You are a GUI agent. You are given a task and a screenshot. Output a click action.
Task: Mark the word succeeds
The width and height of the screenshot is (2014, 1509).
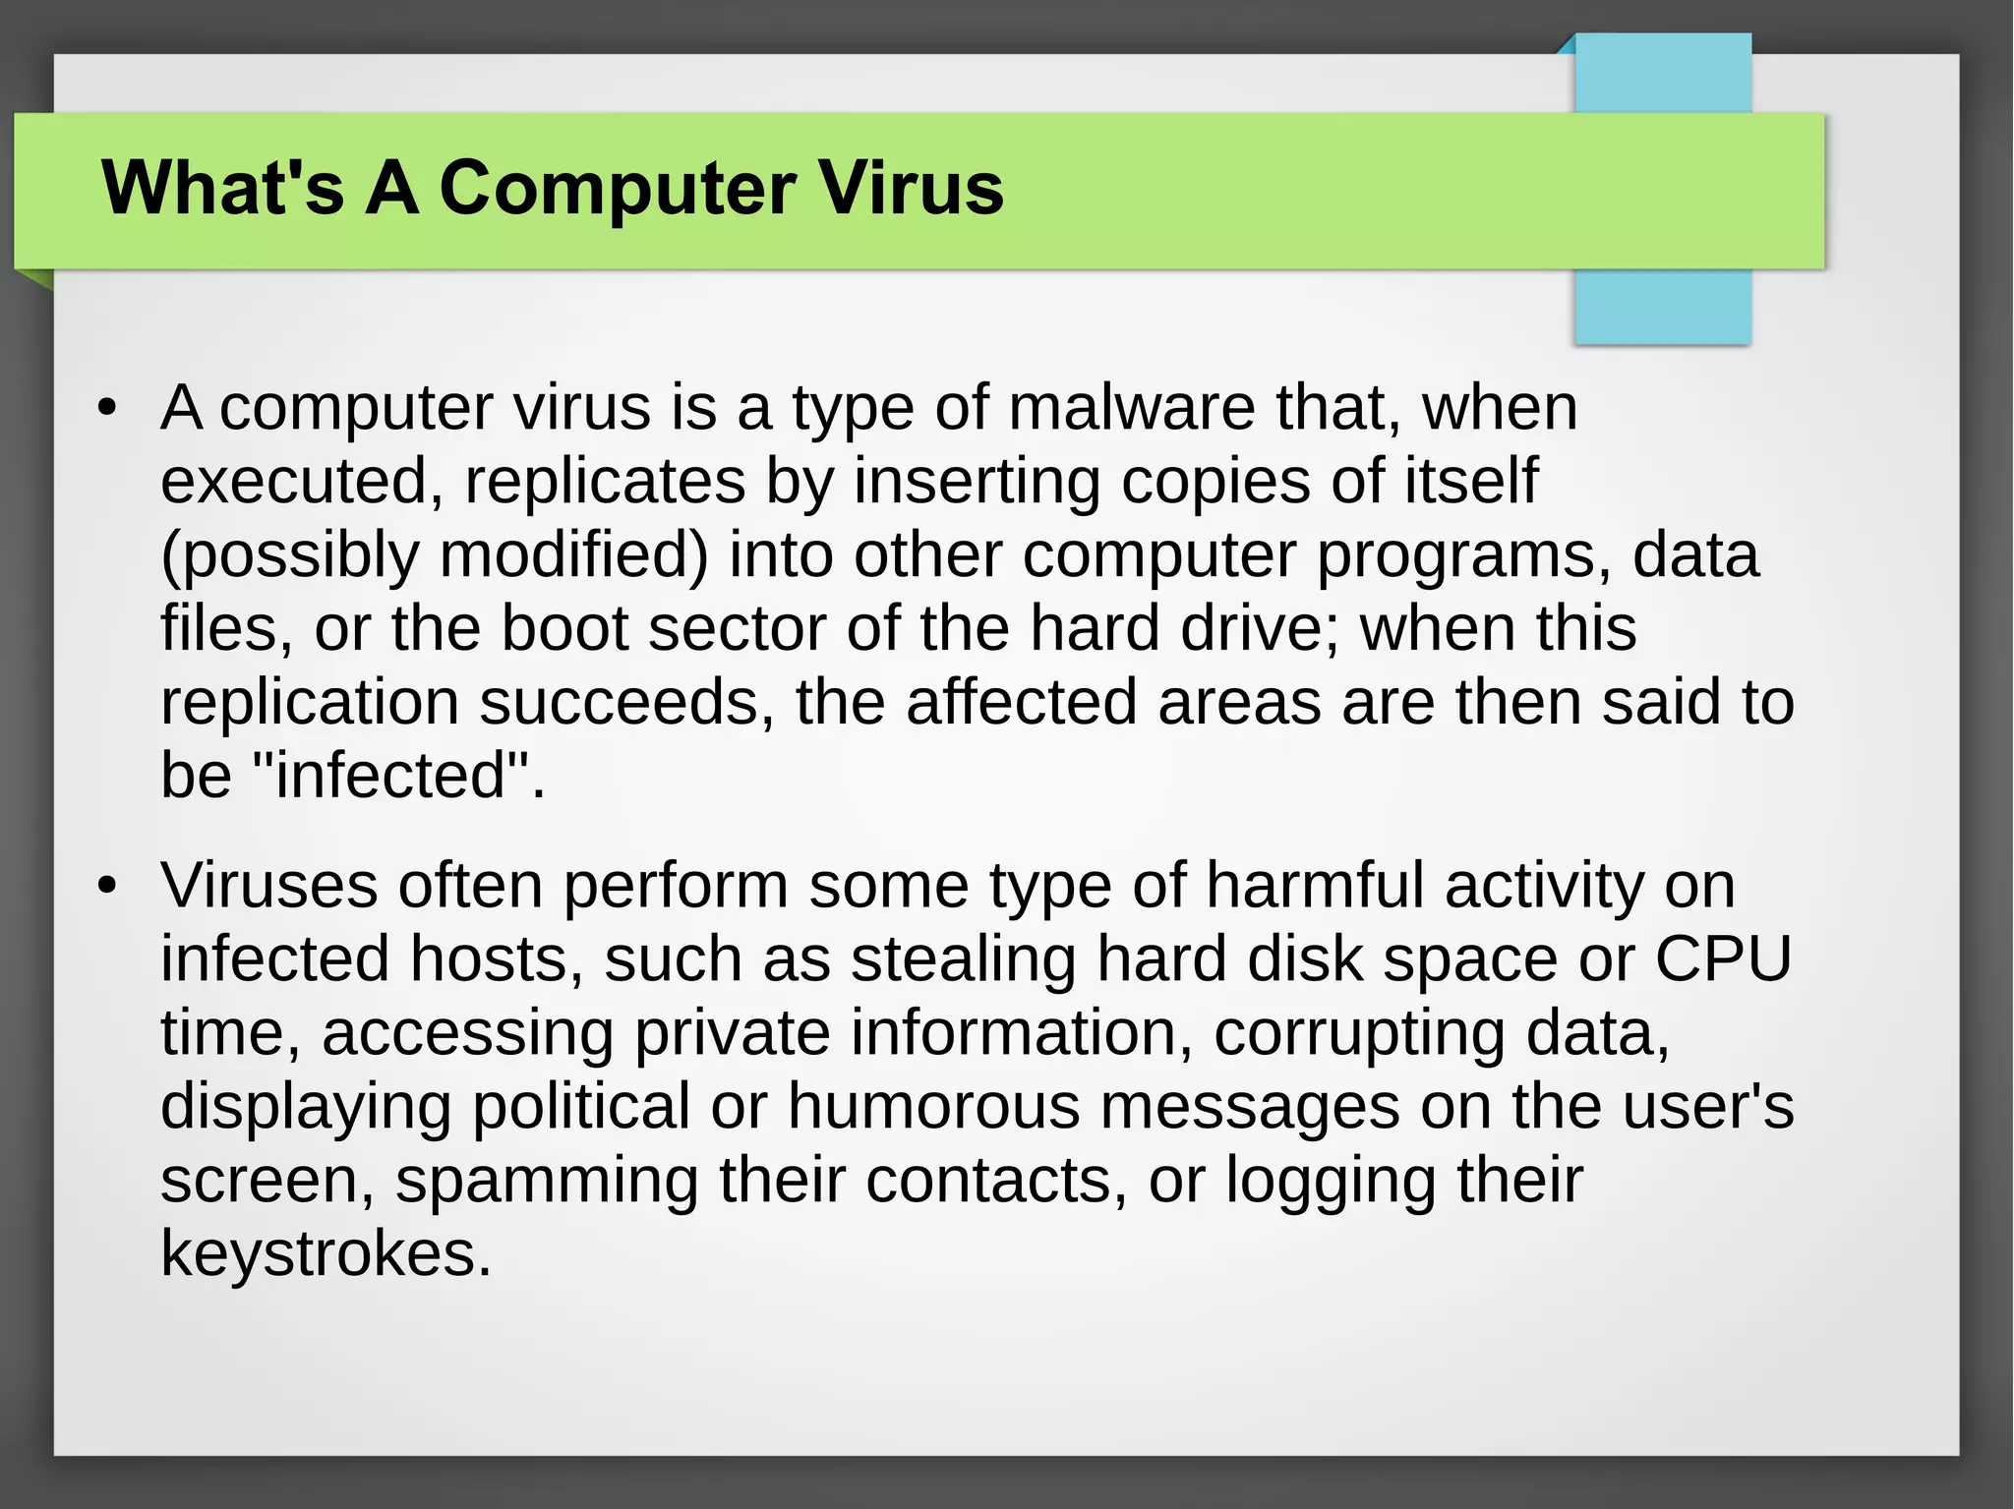[x=626, y=702]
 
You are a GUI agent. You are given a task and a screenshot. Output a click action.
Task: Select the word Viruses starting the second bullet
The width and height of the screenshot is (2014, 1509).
[x=268, y=885]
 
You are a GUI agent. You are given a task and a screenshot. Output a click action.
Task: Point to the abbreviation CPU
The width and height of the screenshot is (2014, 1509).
[x=1723, y=958]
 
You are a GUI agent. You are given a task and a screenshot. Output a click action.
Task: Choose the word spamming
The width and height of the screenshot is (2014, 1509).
[x=547, y=1180]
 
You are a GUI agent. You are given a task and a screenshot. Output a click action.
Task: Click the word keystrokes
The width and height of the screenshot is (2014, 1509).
[x=325, y=1253]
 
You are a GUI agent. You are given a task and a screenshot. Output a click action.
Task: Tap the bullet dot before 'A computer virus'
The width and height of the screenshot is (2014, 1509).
[x=107, y=408]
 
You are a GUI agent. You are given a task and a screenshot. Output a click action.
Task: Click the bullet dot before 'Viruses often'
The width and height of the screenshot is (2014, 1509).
[x=107, y=886]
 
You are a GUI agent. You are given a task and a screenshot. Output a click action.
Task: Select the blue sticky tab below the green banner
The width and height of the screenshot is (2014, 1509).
[x=1662, y=307]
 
